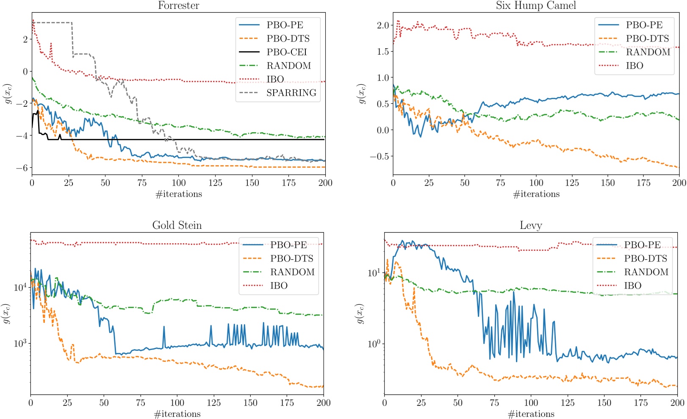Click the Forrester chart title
point(178,6)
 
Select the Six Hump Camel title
point(536,6)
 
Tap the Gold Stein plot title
point(177,225)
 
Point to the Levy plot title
point(531,225)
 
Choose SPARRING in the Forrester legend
point(291,93)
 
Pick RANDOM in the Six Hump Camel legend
point(648,52)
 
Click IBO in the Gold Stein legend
point(279,286)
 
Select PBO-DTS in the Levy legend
point(645,258)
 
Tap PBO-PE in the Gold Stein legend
point(288,245)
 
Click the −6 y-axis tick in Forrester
point(22,168)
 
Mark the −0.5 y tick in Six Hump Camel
point(379,156)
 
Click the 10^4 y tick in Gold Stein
point(20,288)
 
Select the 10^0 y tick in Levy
point(374,343)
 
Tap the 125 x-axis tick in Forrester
point(215,183)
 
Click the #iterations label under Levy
point(531,414)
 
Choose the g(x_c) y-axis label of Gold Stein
point(6,314)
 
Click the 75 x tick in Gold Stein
point(141,403)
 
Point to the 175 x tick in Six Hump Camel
point(643,183)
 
